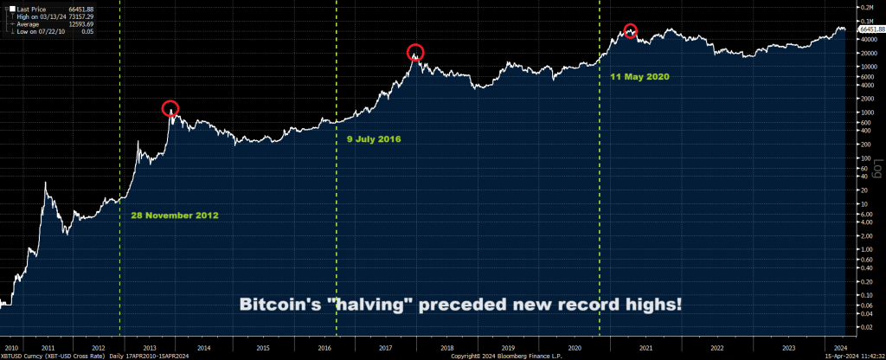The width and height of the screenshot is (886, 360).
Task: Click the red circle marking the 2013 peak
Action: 170,108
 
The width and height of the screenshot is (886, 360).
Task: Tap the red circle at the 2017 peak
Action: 415,52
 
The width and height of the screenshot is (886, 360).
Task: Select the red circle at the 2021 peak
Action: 631,30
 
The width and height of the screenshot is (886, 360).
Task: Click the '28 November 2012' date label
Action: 174,215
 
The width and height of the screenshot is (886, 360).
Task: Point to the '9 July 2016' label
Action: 373,138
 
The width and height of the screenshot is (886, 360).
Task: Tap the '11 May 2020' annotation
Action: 639,76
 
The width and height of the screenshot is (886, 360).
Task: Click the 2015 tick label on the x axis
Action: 261,348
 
